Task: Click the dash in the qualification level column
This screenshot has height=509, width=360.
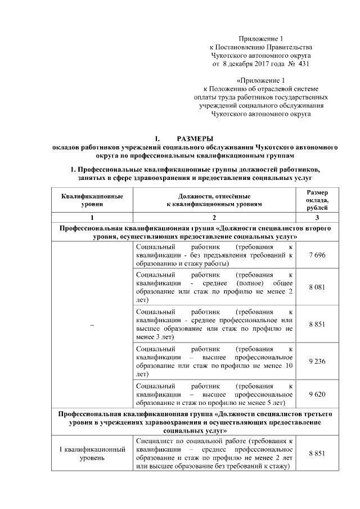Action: tap(92, 325)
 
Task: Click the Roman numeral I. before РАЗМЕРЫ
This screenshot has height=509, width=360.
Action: tap(158, 138)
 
